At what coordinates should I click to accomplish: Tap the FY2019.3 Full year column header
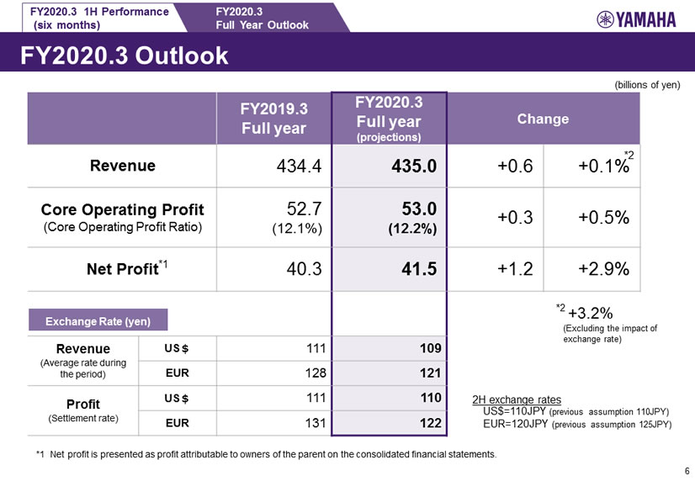pos(274,119)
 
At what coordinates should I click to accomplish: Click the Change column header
pos(543,119)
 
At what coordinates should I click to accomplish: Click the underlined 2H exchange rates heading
pos(517,399)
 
